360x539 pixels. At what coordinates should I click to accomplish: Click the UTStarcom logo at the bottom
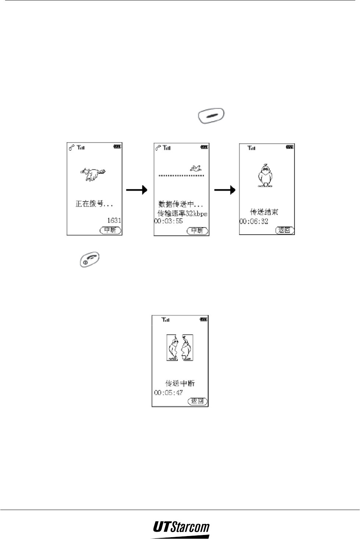click(x=181, y=528)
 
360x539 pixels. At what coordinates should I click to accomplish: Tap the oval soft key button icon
click(x=211, y=115)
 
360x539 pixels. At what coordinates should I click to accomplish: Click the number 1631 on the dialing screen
click(x=114, y=221)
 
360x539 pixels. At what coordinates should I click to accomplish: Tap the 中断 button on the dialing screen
click(x=110, y=230)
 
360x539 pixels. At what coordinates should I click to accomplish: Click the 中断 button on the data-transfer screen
click(x=197, y=231)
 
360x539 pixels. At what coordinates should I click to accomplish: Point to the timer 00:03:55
click(x=168, y=221)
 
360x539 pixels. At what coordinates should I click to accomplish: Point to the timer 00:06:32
click(x=254, y=222)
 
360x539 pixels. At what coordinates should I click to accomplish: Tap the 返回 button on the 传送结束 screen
click(x=285, y=230)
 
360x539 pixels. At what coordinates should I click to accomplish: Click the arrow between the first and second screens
click(x=137, y=190)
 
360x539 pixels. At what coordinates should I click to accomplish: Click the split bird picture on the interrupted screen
click(x=180, y=347)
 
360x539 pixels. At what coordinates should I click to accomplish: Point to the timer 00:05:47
click(x=168, y=393)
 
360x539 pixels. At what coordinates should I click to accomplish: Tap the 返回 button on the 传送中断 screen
click(x=198, y=401)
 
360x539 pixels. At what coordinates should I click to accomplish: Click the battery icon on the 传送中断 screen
click(x=204, y=319)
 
